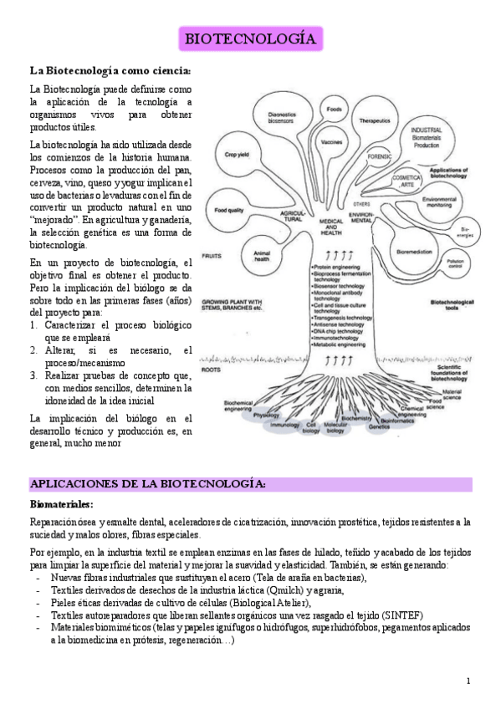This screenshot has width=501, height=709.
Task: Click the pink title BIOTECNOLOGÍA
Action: pos(250,39)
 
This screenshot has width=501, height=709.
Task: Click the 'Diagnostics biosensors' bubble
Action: pos(280,117)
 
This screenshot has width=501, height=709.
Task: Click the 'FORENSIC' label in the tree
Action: pos(380,156)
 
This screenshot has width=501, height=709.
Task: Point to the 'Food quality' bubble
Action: pos(228,211)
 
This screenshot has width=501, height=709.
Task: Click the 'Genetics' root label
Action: pos(379,426)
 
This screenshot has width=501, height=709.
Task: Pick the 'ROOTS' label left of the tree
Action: pos(212,368)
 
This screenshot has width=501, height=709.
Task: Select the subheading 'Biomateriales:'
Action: pos(62,505)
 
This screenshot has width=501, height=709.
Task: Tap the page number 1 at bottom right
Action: pos(468,680)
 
